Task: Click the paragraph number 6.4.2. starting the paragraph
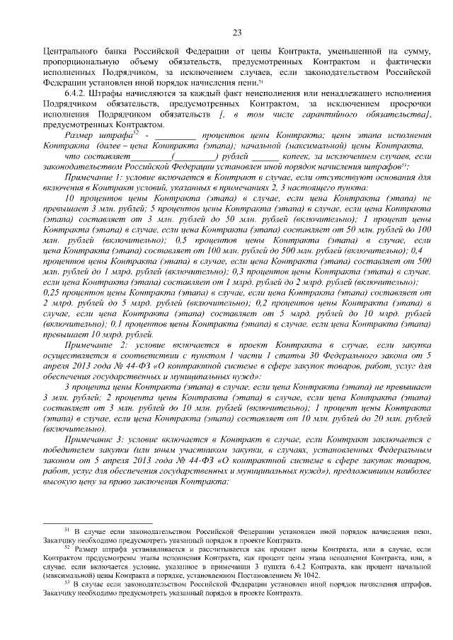click(76, 93)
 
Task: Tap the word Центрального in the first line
click(69, 52)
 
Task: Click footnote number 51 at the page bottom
click(67, 530)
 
